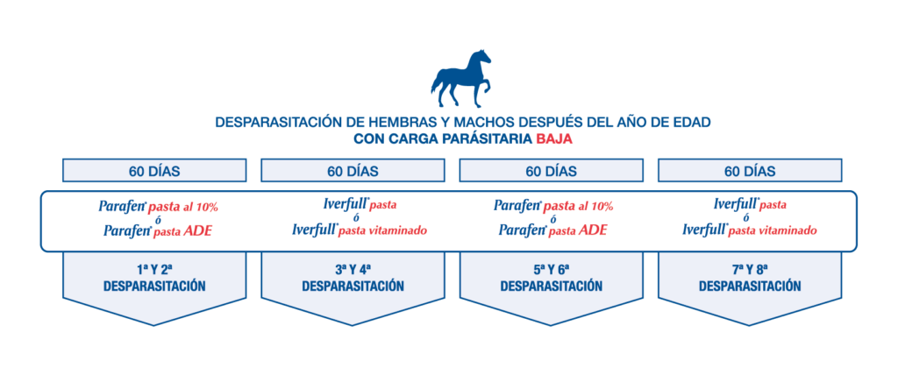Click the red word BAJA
(x=554, y=139)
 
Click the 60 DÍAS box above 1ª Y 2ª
(x=154, y=171)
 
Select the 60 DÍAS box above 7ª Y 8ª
(x=750, y=171)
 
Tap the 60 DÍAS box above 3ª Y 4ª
(x=353, y=171)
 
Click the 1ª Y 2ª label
(x=154, y=268)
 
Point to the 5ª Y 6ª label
(x=552, y=268)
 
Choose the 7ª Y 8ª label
(x=750, y=268)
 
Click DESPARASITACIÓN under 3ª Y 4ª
(x=353, y=287)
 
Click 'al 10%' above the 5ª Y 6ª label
(x=598, y=207)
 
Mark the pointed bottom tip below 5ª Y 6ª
(x=552, y=325)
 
